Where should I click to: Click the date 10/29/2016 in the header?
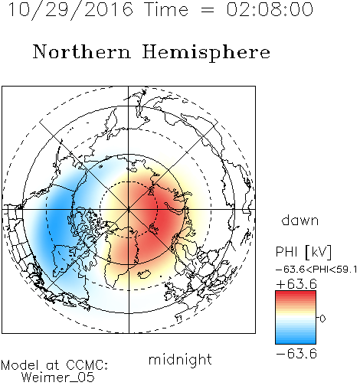(70, 10)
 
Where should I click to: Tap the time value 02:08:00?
(270, 10)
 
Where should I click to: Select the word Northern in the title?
(82, 51)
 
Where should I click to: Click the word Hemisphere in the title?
(206, 52)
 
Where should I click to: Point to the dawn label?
(300, 220)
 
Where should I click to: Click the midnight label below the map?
(180, 359)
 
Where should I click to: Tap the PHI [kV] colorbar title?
(303, 252)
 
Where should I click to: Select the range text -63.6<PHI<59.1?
(316, 270)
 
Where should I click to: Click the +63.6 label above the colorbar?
(296, 284)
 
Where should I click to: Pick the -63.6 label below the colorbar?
(296, 354)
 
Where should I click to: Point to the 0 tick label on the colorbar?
(322, 319)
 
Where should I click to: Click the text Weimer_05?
(58, 377)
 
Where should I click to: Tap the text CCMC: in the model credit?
(87, 365)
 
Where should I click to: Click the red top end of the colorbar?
(296, 293)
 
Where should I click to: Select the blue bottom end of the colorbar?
(296, 342)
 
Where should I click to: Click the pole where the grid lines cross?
(129, 210)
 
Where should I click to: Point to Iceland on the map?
(144, 274)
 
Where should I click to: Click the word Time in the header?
(166, 10)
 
